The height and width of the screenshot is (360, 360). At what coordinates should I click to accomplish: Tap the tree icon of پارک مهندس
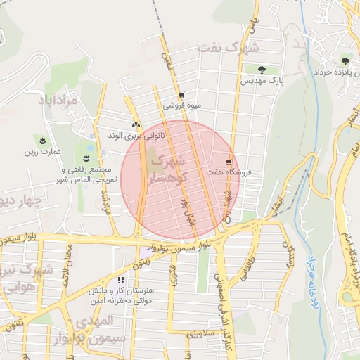(262, 70)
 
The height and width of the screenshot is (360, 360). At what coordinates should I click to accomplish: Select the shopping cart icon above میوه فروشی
(182, 94)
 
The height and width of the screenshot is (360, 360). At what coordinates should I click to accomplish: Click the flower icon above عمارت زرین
(44, 141)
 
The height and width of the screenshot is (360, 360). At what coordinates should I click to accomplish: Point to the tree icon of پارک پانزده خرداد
(345, 61)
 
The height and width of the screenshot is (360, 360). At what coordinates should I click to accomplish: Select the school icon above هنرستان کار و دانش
(122, 280)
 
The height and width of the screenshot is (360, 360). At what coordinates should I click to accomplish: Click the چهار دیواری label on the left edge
(21, 202)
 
